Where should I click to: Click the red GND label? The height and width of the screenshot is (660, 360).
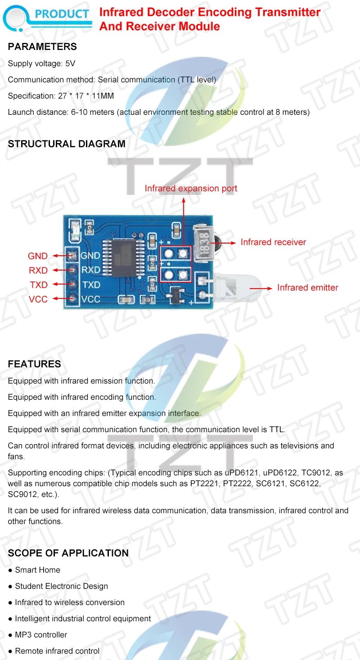coord(38,256)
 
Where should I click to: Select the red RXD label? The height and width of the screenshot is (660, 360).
coord(38,270)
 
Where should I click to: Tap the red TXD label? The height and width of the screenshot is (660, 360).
coord(39,285)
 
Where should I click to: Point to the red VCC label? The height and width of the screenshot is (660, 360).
coord(38,299)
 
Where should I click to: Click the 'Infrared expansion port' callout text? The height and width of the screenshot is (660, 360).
coord(191,188)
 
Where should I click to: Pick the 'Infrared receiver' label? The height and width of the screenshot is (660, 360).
coord(273,242)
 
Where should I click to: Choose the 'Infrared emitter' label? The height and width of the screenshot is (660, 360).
coord(307,288)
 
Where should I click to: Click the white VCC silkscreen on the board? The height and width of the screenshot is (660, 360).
coord(90,299)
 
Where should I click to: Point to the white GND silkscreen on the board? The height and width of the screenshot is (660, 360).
coord(90,256)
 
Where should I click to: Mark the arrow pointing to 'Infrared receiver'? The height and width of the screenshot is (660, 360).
coord(229,243)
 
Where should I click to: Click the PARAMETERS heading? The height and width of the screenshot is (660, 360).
coord(42,46)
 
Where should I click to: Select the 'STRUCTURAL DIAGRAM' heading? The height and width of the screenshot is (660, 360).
coord(67,144)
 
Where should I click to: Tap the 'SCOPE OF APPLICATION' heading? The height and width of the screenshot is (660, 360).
coord(68,553)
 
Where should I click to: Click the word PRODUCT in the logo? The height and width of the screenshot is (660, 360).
coord(62,14)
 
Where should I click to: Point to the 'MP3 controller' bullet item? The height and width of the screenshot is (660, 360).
coord(41,635)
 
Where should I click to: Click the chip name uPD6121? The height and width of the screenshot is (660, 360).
coord(243,473)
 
